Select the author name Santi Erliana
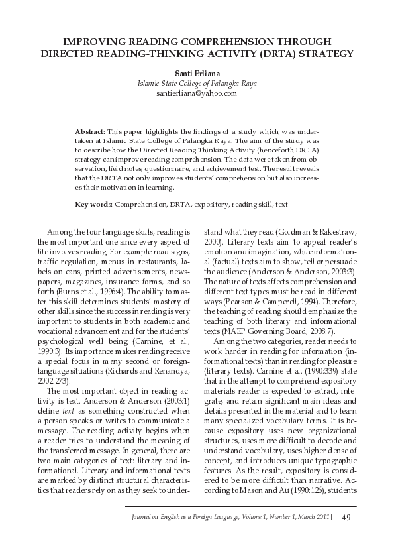(x=197, y=73)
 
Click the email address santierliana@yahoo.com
(x=197, y=94)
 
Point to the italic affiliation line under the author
(x=197, y=84)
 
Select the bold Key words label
(x=93, y=205)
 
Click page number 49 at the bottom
(x=346, y=518)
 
